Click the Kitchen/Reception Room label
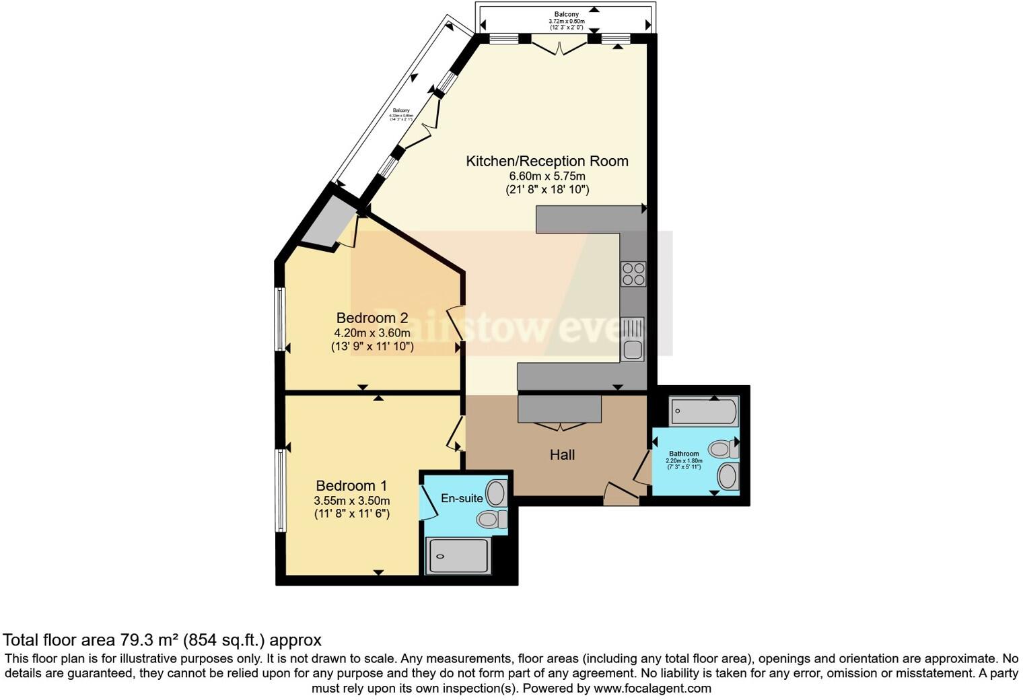pos(547,162)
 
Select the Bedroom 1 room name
pos(351,485)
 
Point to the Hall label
pos(562,455)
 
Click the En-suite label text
pos(462,498)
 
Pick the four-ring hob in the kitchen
pos(633,274)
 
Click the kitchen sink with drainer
pos(633,339)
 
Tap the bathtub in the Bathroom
pos(704,411)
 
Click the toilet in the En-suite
pos(492,519)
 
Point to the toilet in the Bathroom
pos(723,449)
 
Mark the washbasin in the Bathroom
pos(728,477)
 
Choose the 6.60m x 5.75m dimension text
pos(547,176)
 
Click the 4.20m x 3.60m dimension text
pos(372,332)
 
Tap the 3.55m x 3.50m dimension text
pos(351,500)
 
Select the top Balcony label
pos(566,14)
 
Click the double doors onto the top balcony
pos(559,46)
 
